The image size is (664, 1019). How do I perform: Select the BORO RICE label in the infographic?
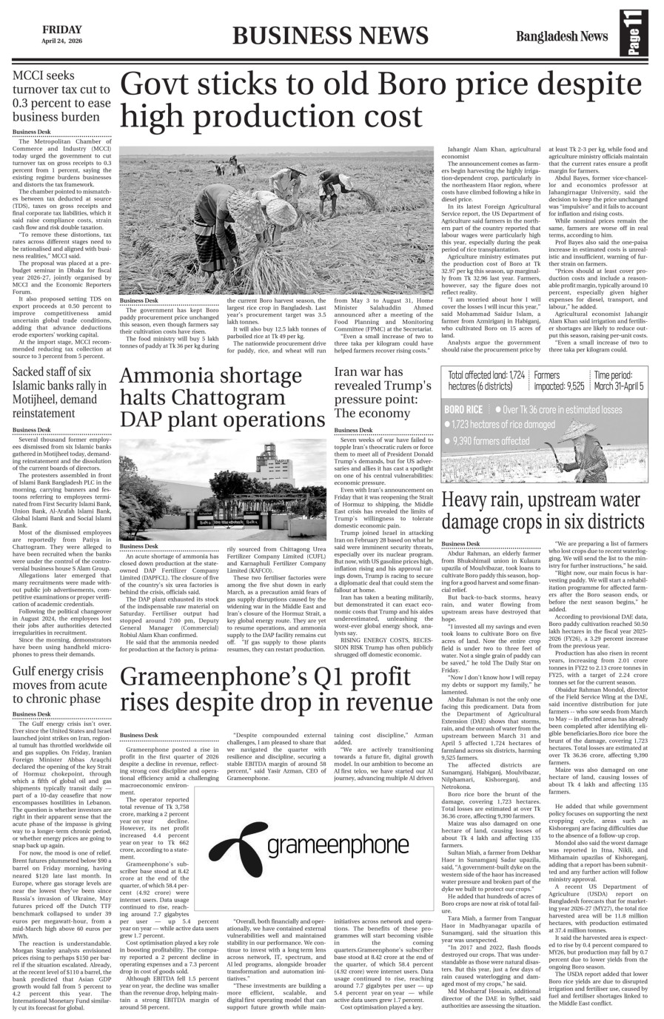pos(463,409)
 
